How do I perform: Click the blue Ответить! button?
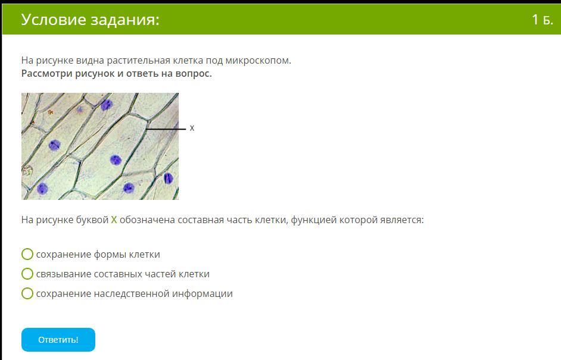click(58, 340)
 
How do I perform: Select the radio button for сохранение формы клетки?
click(27, 254)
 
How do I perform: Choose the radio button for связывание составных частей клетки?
click(27, 274)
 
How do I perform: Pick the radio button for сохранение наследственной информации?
click(27, 293)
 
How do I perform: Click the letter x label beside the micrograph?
click(192, 128)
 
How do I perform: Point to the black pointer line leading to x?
click(166, 129)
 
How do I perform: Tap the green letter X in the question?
click(114, 220)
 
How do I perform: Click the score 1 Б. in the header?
click(542, 20)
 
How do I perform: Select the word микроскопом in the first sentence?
click(258, 61)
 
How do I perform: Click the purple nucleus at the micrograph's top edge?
click(107, 105)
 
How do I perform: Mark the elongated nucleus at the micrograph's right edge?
click(168, 178)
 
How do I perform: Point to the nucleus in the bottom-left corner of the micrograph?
click(42, 189)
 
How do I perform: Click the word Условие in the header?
click(54, 20)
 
